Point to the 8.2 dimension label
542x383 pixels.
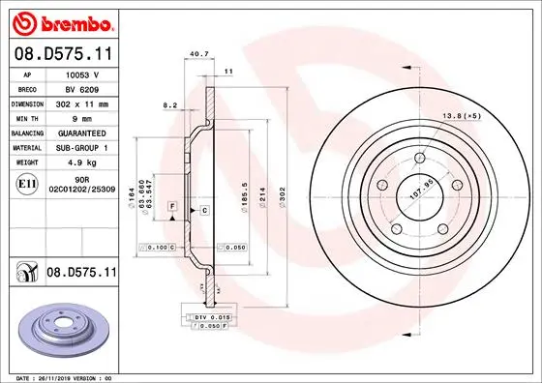point(170,104)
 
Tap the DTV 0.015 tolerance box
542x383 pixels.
point(211,317)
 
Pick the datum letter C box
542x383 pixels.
point(205,209)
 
